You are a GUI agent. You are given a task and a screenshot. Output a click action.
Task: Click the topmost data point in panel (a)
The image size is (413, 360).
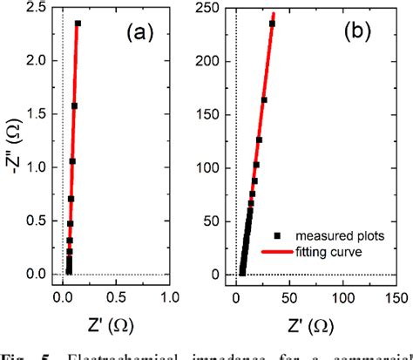(x=78, y=24)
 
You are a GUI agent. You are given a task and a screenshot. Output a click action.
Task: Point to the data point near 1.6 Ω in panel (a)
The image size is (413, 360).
(x=74, y=106)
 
